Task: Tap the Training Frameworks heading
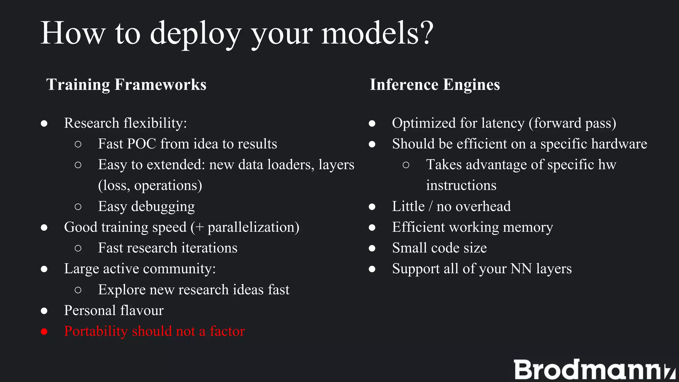click(126, 85)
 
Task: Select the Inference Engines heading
click(435, 85)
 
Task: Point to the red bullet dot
click(44, 332)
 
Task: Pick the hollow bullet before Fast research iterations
click(78, 248)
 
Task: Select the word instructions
click(461, 185)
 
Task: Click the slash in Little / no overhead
click(430, 206)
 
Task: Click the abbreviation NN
click(521, 269)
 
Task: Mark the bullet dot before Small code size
click(372, 248)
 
